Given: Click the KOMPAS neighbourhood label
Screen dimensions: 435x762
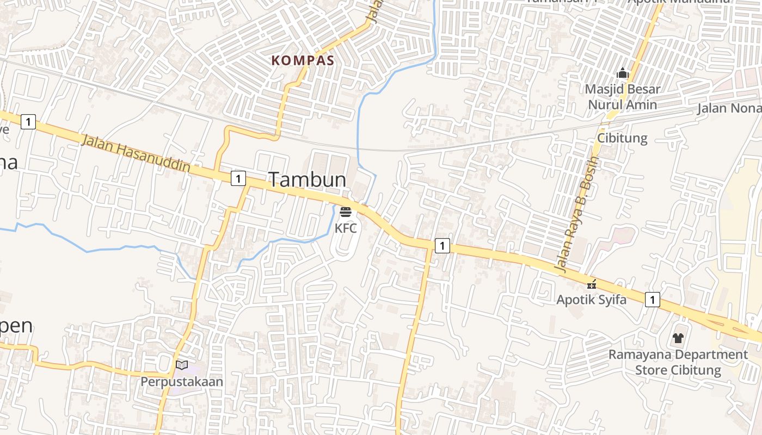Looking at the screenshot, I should pos(303,60).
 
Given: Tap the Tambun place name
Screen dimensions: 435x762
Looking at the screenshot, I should pos(308,179).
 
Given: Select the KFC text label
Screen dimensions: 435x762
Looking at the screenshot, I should pos(346,228).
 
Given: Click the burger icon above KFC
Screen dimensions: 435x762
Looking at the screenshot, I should pos(346,212).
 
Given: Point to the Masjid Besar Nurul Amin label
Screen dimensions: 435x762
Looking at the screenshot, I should pos(623,97).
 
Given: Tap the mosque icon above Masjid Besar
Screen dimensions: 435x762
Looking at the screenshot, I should pos(623,72).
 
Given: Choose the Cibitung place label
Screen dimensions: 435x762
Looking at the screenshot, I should pos(623,138).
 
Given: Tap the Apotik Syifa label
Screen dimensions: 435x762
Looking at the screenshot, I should pos(591,300).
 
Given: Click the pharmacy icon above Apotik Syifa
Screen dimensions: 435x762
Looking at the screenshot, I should pos(592,284).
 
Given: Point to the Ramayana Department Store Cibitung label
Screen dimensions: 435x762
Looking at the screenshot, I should pos(678,362).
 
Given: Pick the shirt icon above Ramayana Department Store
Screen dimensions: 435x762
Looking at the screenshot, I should pos(678,338).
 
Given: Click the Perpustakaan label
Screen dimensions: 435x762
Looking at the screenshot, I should pos(182,382).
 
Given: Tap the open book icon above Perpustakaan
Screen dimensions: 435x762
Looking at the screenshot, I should pos(182,365).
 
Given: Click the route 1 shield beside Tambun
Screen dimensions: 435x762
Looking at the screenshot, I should pos(238,178).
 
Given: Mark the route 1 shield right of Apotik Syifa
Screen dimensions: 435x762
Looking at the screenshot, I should pos(653,299).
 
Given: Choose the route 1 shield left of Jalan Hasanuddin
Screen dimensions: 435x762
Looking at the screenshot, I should pos(28,122).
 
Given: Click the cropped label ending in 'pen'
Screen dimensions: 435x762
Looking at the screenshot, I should pos(16,326).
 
